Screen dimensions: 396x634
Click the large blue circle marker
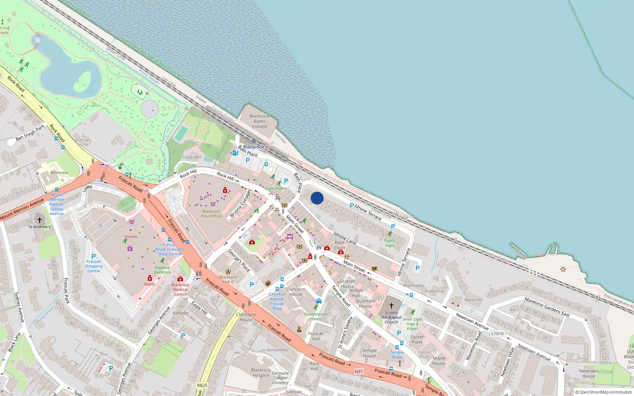point(317,198)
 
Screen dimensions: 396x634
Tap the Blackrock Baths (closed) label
point(260,121)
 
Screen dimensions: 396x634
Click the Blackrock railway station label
point(254,147)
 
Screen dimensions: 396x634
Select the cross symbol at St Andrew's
point(40,220)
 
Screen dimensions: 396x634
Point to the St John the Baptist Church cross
point(391,305)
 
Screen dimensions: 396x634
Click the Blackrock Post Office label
point(211,213)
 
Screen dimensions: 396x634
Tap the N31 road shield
point(358,371)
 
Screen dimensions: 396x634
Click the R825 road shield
point(202,385)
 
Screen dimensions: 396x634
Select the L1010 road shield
point(497,333)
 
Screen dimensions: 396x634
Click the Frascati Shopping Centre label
point(94,266)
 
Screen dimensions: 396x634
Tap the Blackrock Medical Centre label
point(180,289)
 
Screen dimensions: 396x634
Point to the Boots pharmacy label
point(150,284)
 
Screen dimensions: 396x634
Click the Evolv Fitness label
point(276,188)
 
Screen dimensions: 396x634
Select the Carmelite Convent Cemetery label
point(281,378)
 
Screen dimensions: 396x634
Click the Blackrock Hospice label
point(261,373)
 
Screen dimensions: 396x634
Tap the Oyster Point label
point(417,339)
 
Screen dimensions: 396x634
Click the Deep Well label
point(192,157)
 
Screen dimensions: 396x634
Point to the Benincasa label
point(59,173)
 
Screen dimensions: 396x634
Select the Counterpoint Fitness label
point(316,316)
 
